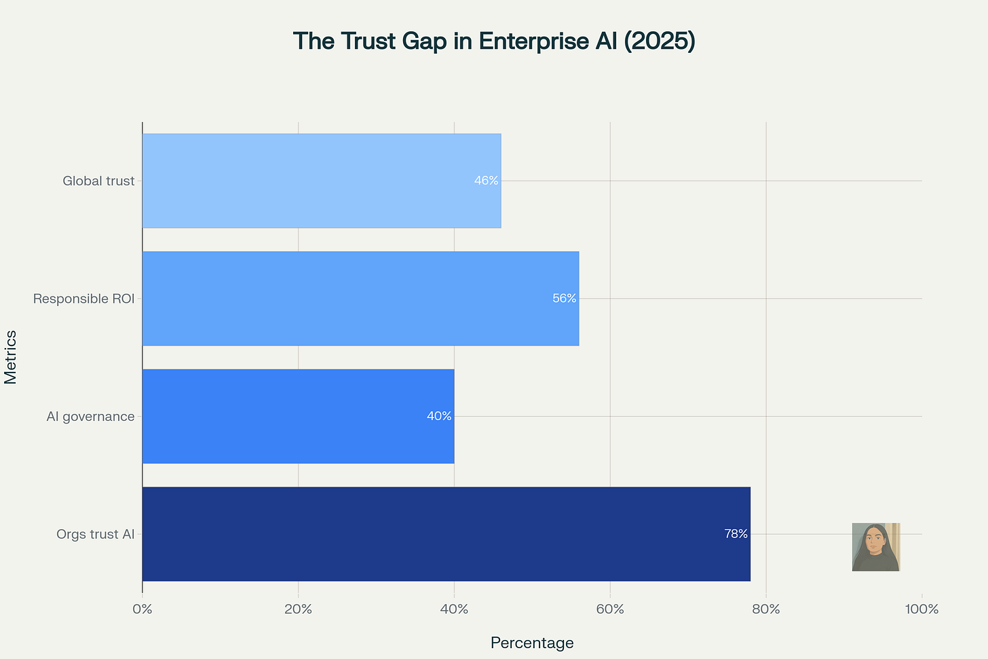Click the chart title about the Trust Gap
tap(494, 41)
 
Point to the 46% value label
tap(486, 181)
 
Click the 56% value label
tap(564, 299)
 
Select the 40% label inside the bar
tap(439, 416)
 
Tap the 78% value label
tap(736, 534)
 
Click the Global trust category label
tap(98, 181)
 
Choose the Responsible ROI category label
tap(83, 299)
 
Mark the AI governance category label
tap(90, 417)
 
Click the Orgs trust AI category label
tap(96, 535)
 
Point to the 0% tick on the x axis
tap(142, 609)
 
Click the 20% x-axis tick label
tap(298, 609)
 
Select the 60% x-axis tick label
tap(610, 609)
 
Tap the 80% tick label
tap(766, 609)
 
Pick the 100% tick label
tap(921, 609)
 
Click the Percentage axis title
tap(532, 643)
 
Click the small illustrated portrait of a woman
tap(876, 547)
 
